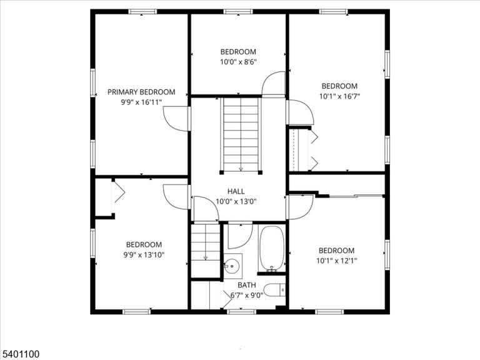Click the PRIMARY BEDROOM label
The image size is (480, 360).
point(141,92)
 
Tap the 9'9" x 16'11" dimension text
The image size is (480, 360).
point(141,102)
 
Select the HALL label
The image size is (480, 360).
point(236,191)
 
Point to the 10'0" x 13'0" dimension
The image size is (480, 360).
point(236,202)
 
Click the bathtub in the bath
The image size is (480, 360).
point(271,249)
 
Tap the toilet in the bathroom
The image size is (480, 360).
point(274,290)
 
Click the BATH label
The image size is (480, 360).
point(247,285)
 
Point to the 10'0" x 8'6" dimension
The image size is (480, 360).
point(238,62)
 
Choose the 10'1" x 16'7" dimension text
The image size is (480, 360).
point(339,96)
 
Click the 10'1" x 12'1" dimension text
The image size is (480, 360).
point(337,261)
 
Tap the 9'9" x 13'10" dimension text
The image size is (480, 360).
point(144,255)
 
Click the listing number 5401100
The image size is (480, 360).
point(20,354)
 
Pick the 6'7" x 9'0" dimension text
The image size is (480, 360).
point(247,296)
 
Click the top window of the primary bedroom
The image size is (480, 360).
point(142,12)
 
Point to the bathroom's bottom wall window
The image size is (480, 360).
point(241,312)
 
